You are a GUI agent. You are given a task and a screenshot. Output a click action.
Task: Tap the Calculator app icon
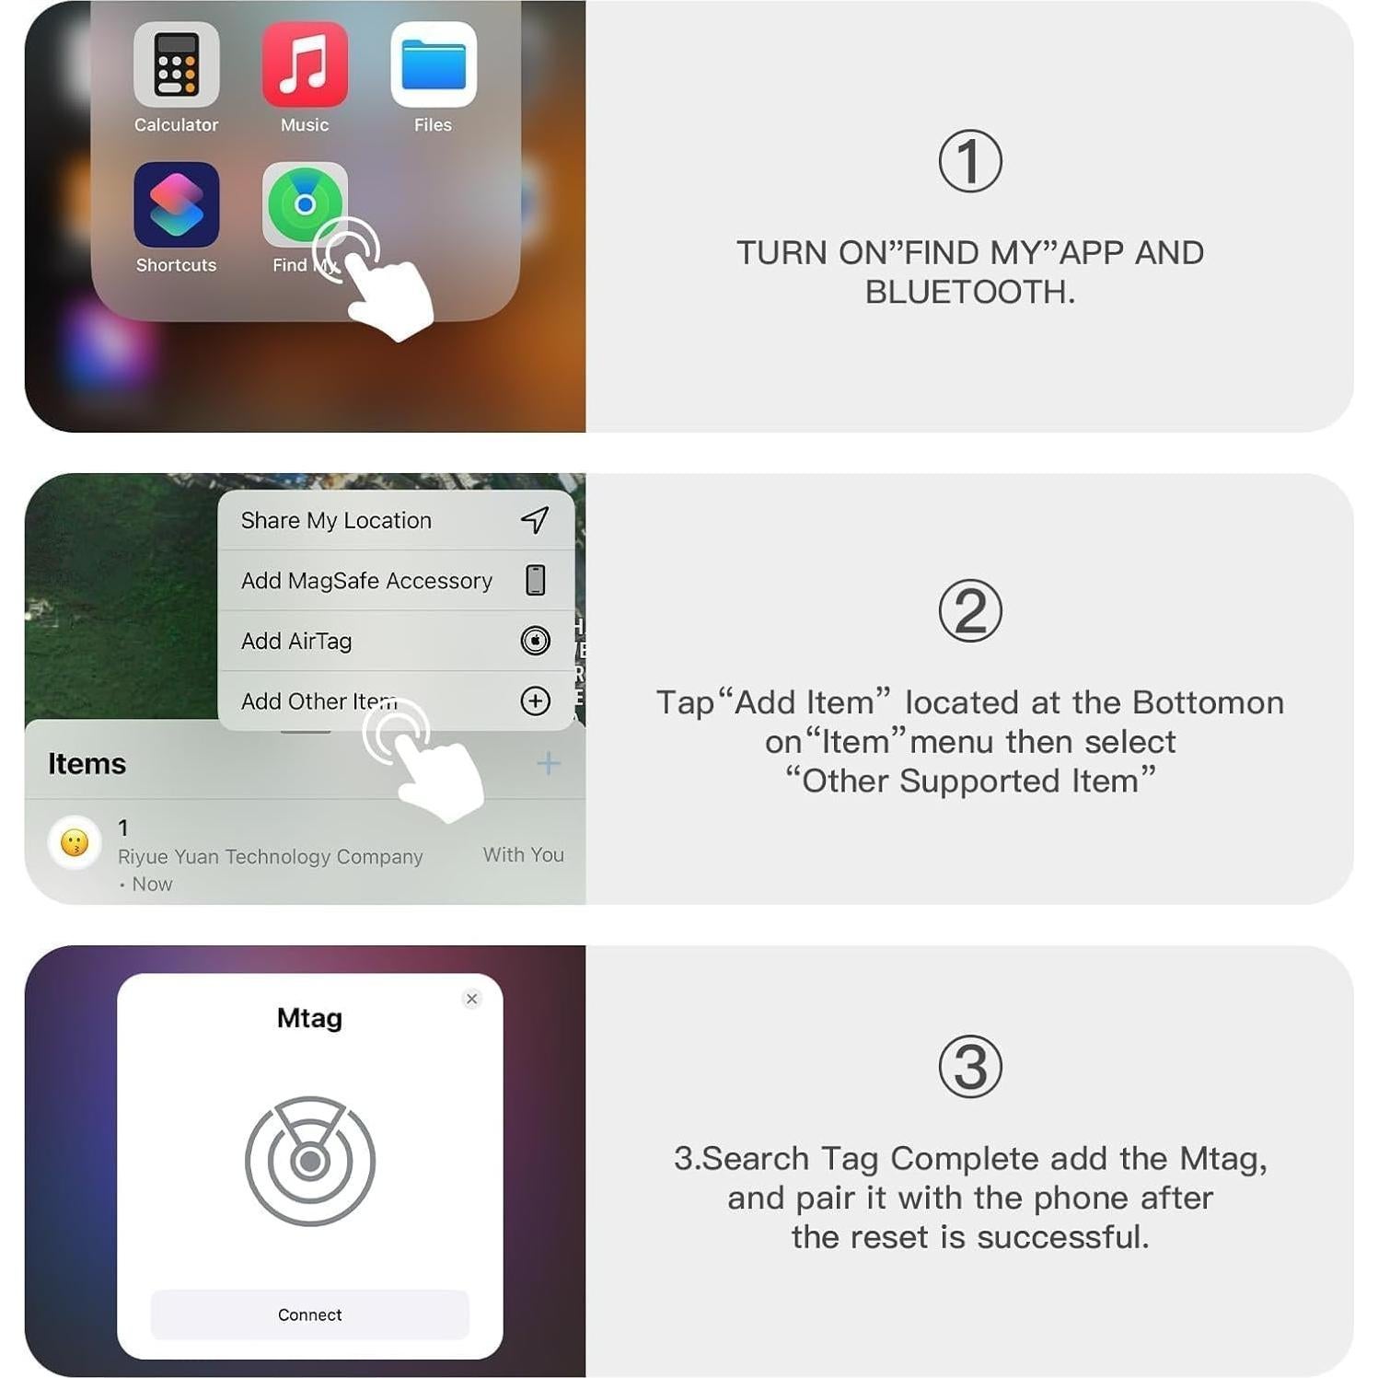pyautogui.click(x=176, y=65)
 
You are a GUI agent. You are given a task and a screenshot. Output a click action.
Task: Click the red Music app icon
pyautogui.click(x=305, y=65)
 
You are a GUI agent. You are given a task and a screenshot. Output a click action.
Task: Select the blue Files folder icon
pyautogui.click(x=433, y=65)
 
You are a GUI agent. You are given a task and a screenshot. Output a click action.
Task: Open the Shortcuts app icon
pyautogui.click(x=176, y=205)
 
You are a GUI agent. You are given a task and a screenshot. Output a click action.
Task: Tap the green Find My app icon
pyautogui.click(x=304, y=204)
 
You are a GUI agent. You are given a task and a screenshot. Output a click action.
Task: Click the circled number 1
pyautogui.click(x=969, y=162)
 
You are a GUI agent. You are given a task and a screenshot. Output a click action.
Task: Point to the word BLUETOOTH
pyautogui.click(x=969, y=292)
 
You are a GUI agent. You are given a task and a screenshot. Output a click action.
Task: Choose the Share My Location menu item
pyautogui.click(x=336, y=520)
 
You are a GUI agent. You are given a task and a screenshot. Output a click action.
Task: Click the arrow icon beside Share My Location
pyautogui.click(x=535, y=520)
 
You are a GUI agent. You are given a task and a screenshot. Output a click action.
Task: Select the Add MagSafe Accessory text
pyautogui.click(x=366, y=581)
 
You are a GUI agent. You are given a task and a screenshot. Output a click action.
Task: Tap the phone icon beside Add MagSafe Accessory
pyautogui.click(x=535, y=581)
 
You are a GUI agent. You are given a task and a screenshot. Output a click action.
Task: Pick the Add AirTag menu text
pyautogui.click(x=296, y=641)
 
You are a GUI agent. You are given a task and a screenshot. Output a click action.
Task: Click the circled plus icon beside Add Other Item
pyautogui.click(x=535, y=701)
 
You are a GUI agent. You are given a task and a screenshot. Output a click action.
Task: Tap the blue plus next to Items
pyautogui.click(x=548, y=763)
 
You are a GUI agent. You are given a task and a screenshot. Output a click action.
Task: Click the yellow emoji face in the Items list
pyautogui.click(x=75, y=842)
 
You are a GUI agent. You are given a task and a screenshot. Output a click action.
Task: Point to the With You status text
pyautogui.click(x=523, y=854)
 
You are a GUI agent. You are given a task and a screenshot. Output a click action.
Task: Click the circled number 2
pyautogui.click(x=969, y=611)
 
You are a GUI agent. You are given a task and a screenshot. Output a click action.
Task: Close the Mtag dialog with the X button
pyautogui.click(x=472, y=999)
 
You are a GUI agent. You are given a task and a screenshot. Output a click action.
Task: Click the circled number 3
pyautogui.click(x=969, y=1068)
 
